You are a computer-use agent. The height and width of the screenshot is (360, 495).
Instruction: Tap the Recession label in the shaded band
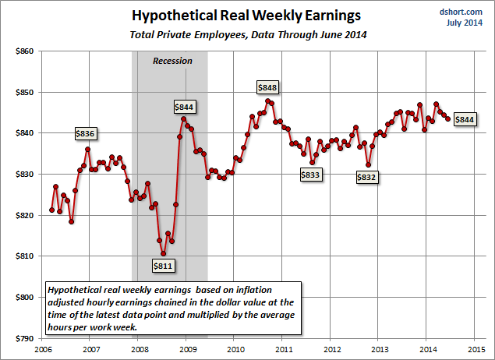171,61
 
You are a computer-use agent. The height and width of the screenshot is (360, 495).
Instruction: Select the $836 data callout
85,133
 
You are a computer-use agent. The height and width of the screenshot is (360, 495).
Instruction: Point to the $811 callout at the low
164,266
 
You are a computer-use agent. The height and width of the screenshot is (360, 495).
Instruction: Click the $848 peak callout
268,87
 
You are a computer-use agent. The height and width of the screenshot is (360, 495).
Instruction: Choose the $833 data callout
310,175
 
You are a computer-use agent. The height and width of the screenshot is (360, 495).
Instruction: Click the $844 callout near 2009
184,107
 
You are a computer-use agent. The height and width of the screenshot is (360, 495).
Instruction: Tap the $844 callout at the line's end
465,119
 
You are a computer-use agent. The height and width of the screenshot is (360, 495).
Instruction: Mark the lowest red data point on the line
163,253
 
